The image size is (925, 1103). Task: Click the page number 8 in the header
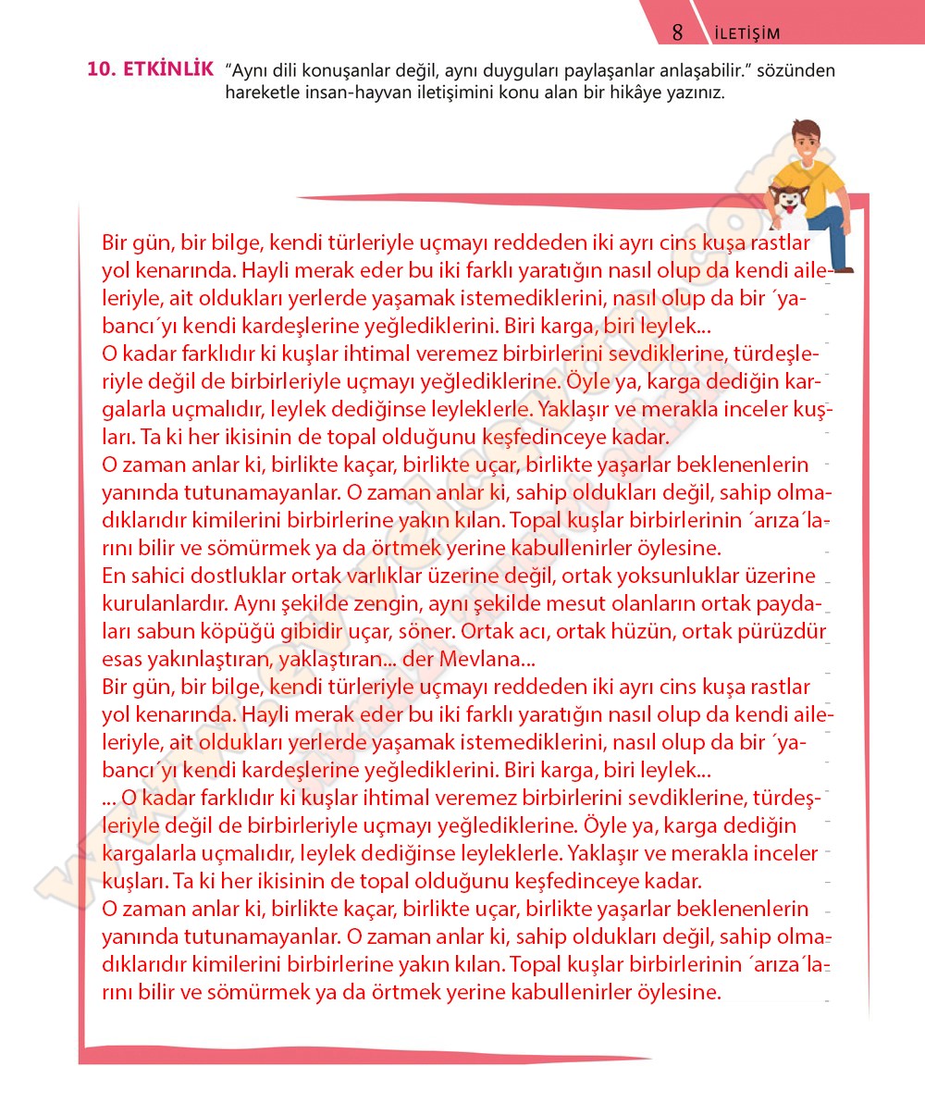pyautogui.click(x=677, y=32)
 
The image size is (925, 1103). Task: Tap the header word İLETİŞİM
pyautogui.click(x=747, y=34)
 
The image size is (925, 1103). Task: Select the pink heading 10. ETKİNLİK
pyautogui.click(x=150, y=69)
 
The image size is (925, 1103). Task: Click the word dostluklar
pyautogui.click(x=232, y=576)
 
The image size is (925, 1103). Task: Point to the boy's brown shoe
pyautogui.click(x=840, y=267)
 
